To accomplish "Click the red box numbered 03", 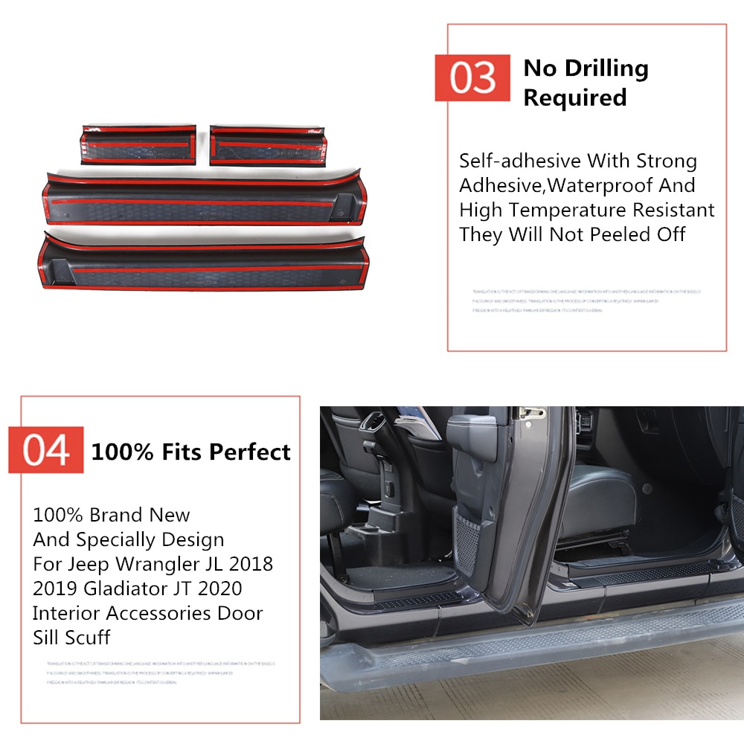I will coord(472,78).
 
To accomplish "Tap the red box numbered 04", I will coord(45,450).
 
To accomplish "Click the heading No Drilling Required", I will coord(586,83).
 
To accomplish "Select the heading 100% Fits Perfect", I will coord(190,452).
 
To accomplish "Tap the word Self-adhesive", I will coord(519,161).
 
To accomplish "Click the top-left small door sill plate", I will coord(138,145).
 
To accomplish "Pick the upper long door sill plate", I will coord(205,199).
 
